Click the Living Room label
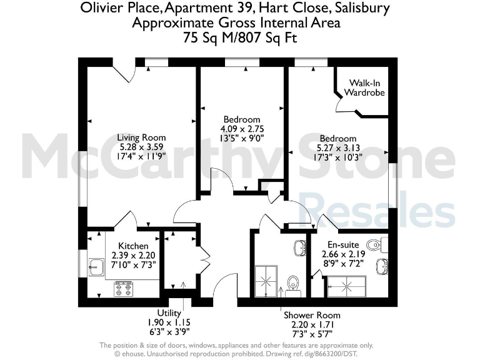click(x=142, y=137)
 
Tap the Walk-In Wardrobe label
click(x=366, y=87)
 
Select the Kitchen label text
click(x=134, y=246)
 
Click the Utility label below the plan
click(x=169, y=313)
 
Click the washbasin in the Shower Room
click(x=299, y=247)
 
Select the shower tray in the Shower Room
click(x=266, y=281)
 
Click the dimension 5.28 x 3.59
click(x=142, y=147)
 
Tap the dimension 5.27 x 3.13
click(x=338, y=148)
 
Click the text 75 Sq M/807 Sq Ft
click(x=240, y=37)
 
